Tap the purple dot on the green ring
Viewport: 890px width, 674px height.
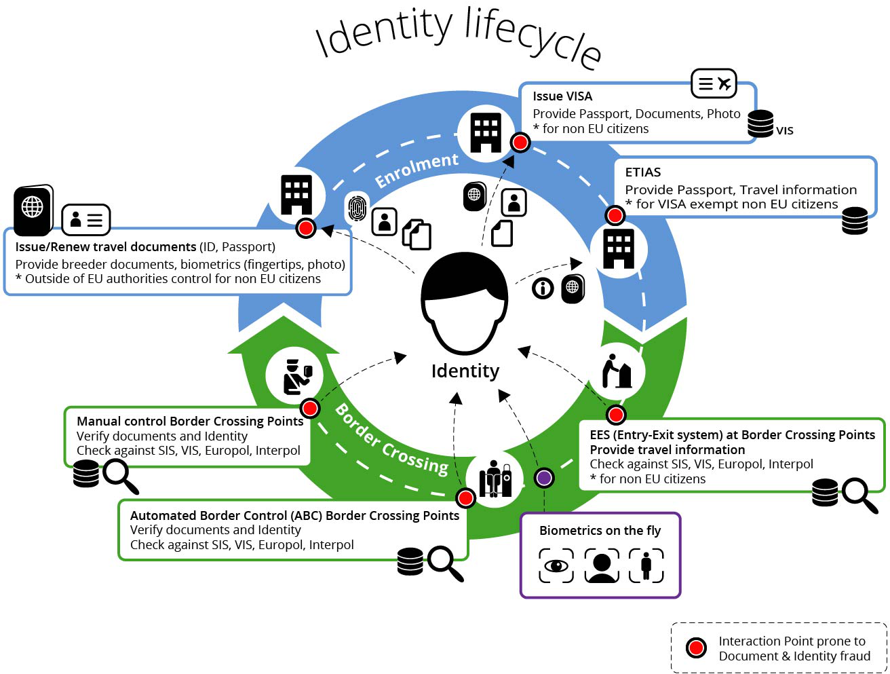coord(544,478)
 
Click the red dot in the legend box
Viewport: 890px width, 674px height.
coord(696,648)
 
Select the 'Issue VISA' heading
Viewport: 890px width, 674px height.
coord(562,96)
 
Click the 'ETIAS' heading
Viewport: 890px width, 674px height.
coord(642,172)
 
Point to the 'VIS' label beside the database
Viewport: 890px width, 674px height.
coord(785,131)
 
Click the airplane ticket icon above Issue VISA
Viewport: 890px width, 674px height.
coord(714,84)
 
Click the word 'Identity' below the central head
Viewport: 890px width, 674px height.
coord(465,371)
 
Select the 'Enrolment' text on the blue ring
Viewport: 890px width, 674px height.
coord(417,170)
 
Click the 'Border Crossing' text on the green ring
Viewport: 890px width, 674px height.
coord(392,440)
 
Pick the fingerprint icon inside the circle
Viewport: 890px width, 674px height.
coord(357,208)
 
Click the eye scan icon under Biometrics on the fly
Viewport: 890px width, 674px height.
coord(556,565)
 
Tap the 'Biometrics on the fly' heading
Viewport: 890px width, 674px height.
coord(600,531)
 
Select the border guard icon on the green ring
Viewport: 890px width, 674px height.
coord(297,377)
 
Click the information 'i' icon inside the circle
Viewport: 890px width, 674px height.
coord(543,288)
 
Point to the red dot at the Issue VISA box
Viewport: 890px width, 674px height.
coord(520,143)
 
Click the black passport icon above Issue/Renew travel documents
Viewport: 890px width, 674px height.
coord(33,209)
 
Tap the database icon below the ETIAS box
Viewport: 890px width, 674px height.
coord(855,221)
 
